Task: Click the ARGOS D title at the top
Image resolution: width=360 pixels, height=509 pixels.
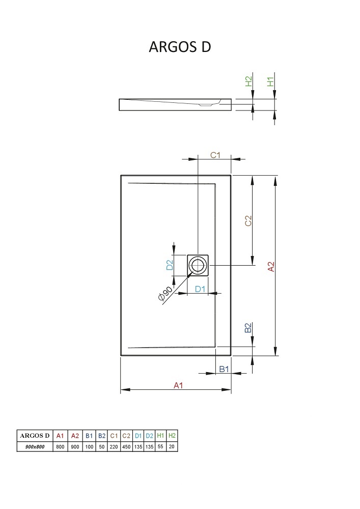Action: point(180,47)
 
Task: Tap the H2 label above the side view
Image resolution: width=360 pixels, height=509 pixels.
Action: point(248,81)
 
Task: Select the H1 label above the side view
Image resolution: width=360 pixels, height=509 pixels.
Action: point(270,81)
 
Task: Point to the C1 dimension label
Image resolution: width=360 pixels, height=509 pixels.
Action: point(215,155)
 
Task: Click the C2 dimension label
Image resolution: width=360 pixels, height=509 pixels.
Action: point(248,221)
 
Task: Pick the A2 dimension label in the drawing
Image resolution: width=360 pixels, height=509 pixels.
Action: point(271,267)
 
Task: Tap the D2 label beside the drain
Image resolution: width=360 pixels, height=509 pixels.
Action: point(170,265)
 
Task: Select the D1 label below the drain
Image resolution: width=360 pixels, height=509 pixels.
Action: point(200,288)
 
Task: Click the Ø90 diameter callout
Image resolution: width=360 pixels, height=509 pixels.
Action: point(165,293)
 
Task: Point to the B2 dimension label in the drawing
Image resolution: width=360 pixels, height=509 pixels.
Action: point(248,327)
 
